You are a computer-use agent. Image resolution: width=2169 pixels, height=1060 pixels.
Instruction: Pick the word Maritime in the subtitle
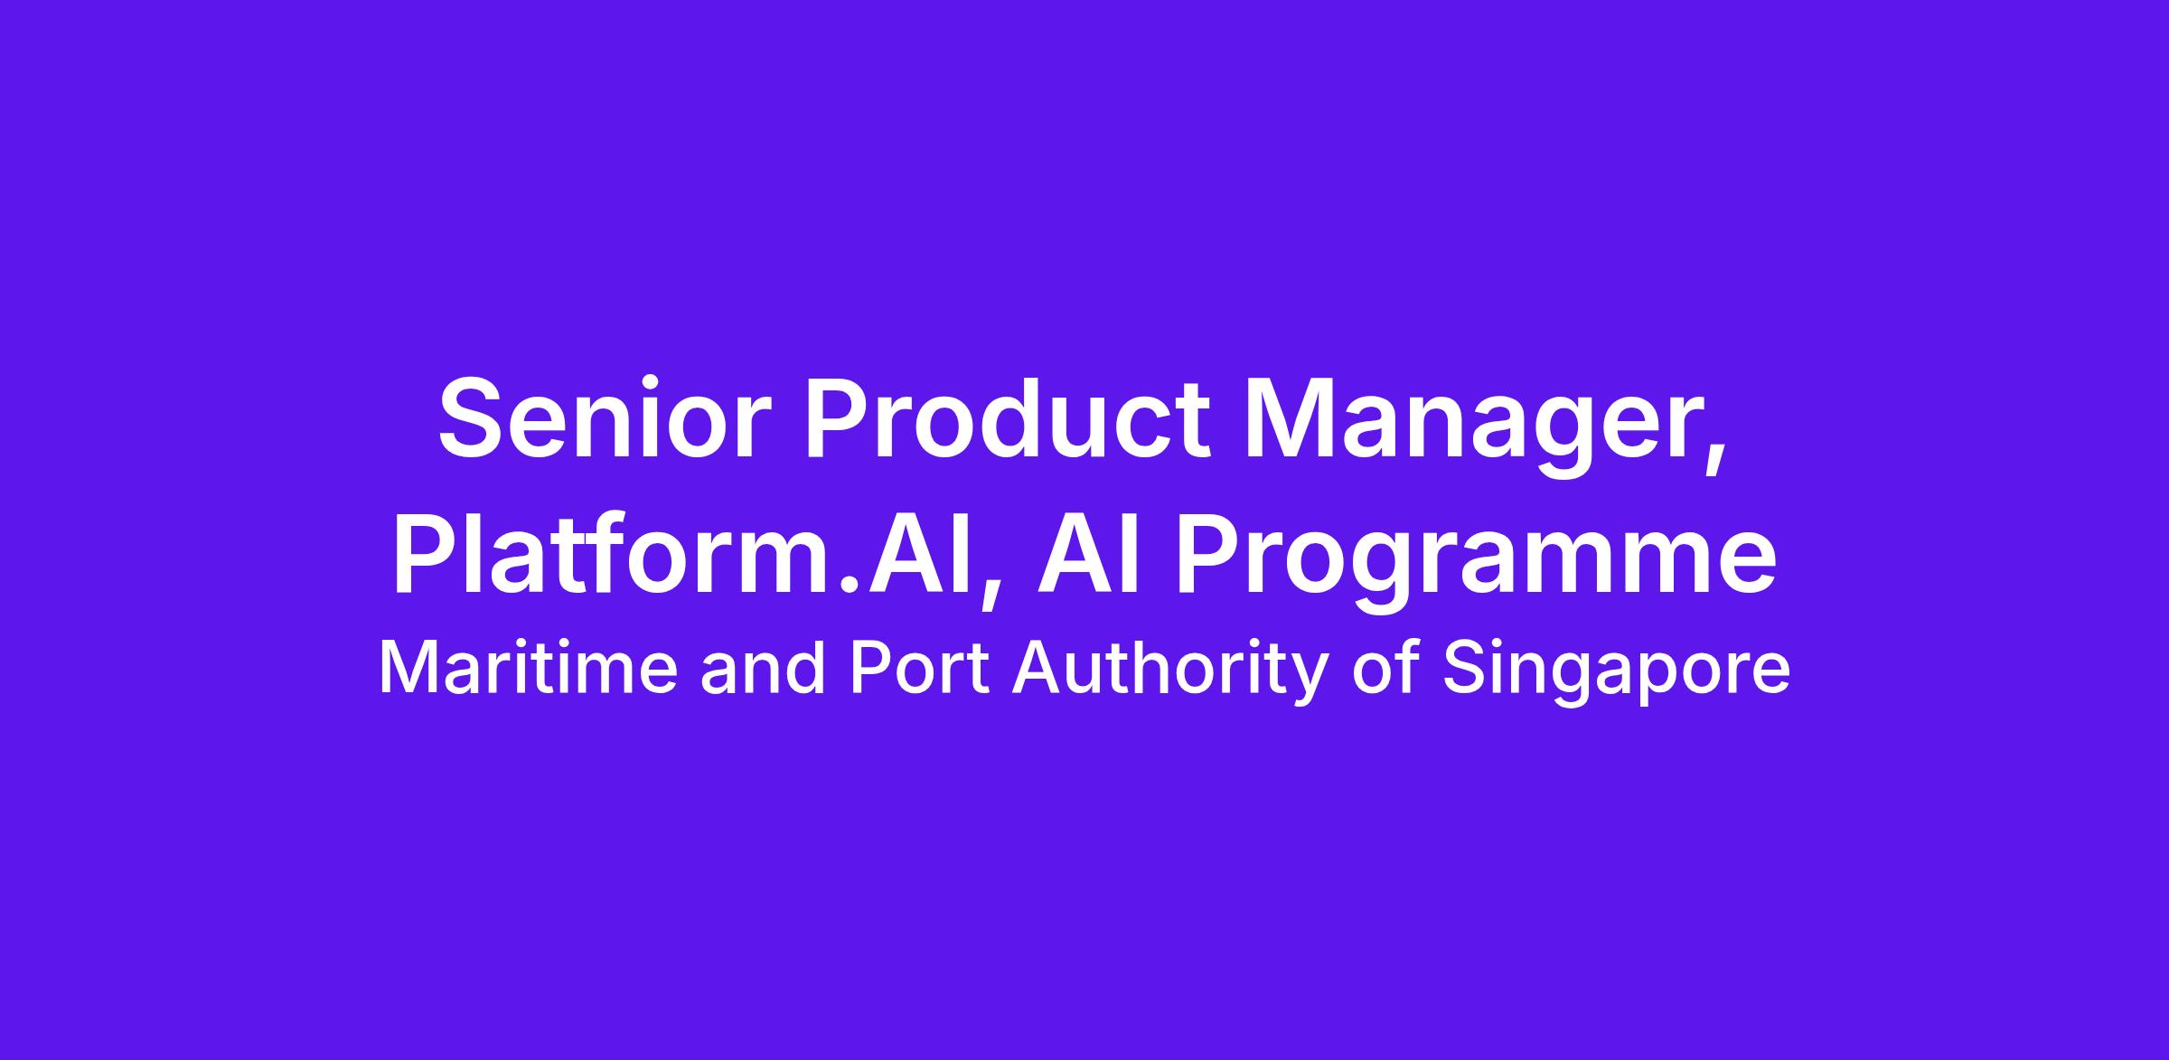528,669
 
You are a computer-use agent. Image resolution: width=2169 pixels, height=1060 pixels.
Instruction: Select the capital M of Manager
1293,418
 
